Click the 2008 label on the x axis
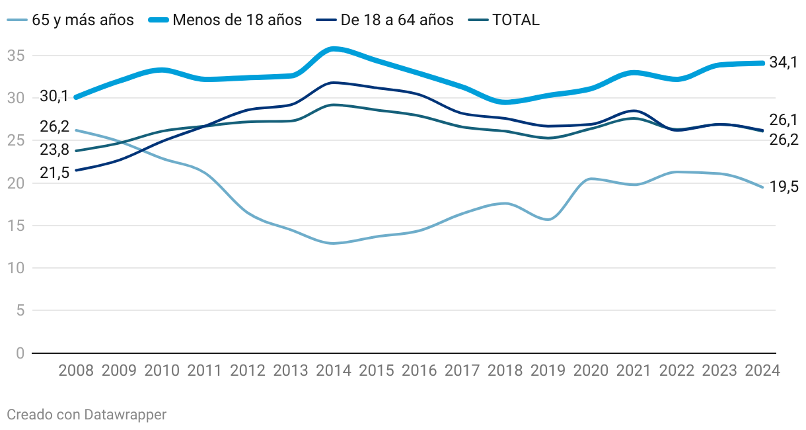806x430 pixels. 76,370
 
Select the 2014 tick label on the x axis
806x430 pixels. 334,370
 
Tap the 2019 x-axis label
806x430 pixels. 548,370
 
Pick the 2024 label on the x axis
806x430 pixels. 762,370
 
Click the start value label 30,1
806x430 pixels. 54,97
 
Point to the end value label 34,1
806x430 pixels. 784,63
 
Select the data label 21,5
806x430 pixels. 54,173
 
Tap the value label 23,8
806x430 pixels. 54,150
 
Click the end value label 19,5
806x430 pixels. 784,187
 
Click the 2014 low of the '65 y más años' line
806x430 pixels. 334,243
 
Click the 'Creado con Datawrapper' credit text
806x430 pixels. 86,415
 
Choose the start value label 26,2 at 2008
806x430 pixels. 54,126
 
